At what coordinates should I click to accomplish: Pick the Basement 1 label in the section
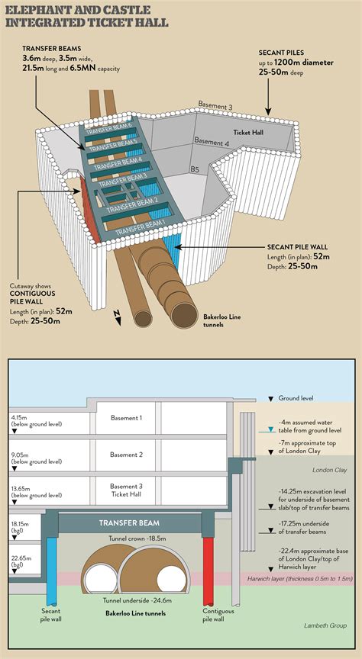click(125, 418)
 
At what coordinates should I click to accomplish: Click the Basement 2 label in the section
click(125, 455)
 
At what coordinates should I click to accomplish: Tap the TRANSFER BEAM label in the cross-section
click(125, 524)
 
